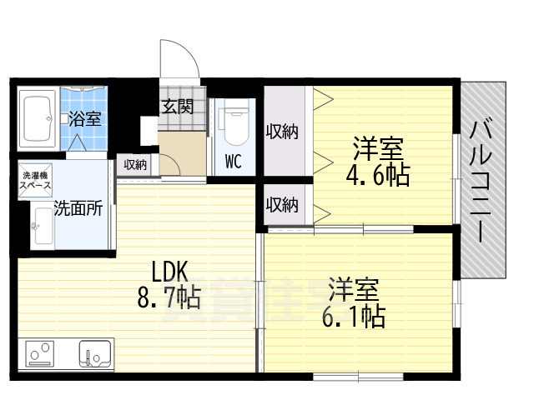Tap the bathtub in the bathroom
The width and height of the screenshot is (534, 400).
click(x=37, y=117)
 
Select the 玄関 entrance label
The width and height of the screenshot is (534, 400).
click(x=177, y=107)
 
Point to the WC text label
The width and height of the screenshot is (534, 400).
click(x=233, y=162)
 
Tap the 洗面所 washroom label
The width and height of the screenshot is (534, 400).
click(x=78, y=208)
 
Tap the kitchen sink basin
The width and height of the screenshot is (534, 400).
click(x=96, y=353)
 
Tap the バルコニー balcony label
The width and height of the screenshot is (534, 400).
click(x=481, y=179)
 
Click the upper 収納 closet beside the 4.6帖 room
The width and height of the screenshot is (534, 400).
click(x=283, y=131)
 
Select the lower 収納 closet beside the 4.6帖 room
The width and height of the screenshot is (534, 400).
click(x=283, y=204)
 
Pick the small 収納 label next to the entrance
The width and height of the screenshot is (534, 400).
click(x=136, y=165)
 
